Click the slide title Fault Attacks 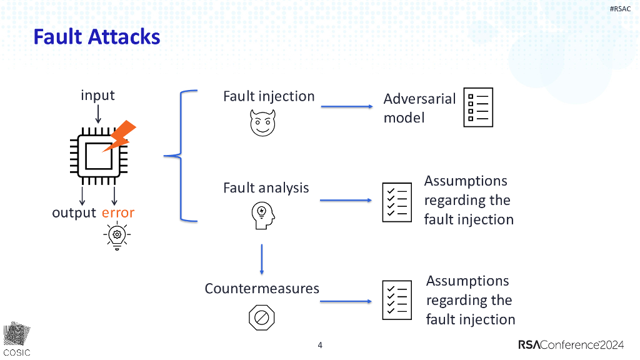pyautogui.click(x=97, y=37)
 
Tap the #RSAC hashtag pyautogui.click(x=619, y=8)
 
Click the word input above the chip pyautogui.click(x=97, y=96)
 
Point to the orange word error pyautogui.click(x=118, y=213)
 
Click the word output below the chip pyautogui.click(x=74, y=213)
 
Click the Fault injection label pyautogui.click(x=269, y=96)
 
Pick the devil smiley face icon pyautogui.click(x=262, y=122)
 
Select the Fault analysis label pyautogui.click(x=266, y=187)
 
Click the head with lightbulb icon pyautogui.click(x=262, y=214)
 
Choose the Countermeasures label pyautogui.click(x=262, y=289)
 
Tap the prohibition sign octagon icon pyautogui.click(x=262, y=318)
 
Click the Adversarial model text pyautogui.click(x=419, y=108)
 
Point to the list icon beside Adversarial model pyautogui.click(x=478, y=107)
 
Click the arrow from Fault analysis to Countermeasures pyautogui.click(x=262, y=259)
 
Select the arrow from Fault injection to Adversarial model pyautogui.click(x=347, y=107)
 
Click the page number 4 pyautogui.click(x=320, y=345)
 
